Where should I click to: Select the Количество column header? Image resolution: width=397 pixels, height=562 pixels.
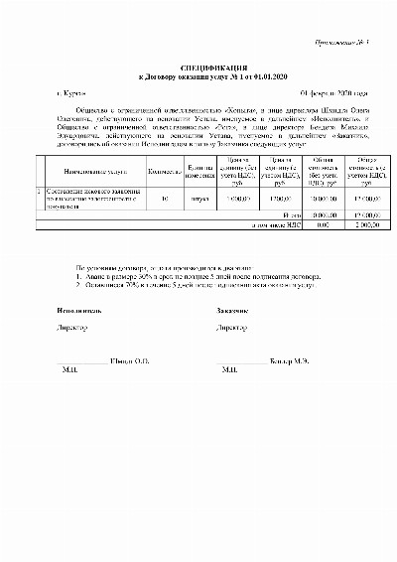pyautogui.click(x=164, y=171)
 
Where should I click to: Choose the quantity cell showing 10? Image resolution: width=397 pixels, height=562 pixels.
pyautogui.click(x=164, y=198)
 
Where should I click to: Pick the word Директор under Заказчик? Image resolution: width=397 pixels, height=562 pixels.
pyautogui.click(x=232, y=327)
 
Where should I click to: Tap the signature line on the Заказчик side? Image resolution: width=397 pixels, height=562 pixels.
pyautogui.click(x=241, y=360)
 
